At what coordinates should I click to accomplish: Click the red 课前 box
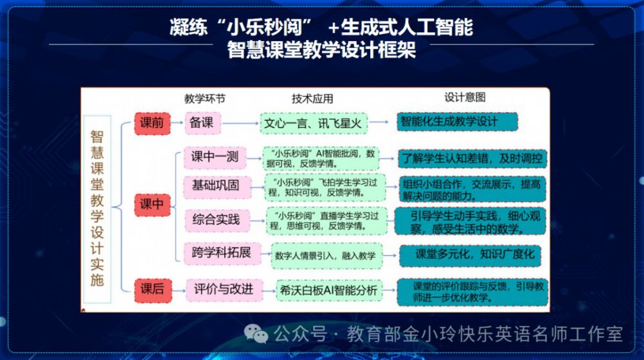tap(153, 123)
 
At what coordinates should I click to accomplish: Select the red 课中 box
tap(153, 204)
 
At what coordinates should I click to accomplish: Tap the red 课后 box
tap(153, 289)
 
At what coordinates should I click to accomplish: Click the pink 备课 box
tap(203, 123)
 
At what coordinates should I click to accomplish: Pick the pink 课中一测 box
tap(215, 157)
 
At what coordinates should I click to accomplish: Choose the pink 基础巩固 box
tap(216, 187)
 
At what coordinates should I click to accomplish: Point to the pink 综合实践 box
tap(216, 220)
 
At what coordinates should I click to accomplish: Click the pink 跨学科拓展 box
tap(222, 253)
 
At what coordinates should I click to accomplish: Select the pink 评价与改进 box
tap(224, 290)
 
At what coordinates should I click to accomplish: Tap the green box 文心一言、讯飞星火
tap(314, 123)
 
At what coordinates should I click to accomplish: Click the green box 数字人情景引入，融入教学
tap(327, 256)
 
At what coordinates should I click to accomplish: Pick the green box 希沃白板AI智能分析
tap(329, 290)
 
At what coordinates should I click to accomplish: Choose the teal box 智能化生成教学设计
tap(457, 122)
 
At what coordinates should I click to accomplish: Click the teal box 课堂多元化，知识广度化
tap(470, 255)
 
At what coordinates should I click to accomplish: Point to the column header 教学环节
tap(205, 99)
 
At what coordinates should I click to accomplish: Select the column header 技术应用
tap(312, 99)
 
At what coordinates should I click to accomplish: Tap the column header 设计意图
tap(465, 97)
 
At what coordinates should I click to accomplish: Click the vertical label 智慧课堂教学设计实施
tap(97, 209)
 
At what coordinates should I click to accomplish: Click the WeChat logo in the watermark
tap(256, 334)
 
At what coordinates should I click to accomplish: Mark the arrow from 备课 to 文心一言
tap(240, 123)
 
